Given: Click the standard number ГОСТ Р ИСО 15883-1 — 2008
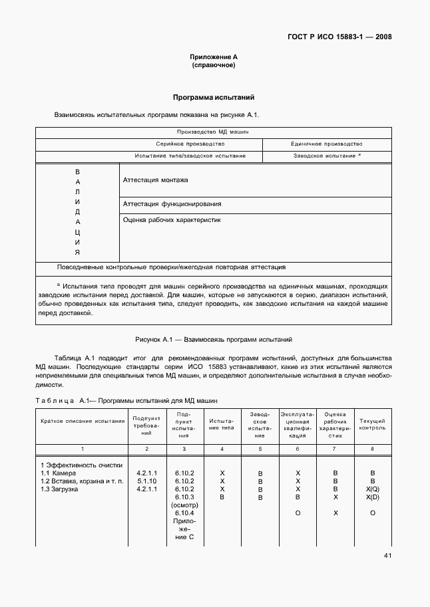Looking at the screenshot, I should [x=339, y=37].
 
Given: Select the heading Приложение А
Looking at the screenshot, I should [x=213, y=57].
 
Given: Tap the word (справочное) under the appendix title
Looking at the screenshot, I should [x=213, y=66].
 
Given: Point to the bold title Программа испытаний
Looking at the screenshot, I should [x=213, y=97].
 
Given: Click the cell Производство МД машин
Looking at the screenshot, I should [x=213, y=132].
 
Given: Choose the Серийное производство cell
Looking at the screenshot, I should [x=190, y=144].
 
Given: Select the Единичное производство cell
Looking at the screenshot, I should [x=326, y=144].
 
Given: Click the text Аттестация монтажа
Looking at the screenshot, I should [x=156, y=180].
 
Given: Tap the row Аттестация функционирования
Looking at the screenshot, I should [x=172, y=204].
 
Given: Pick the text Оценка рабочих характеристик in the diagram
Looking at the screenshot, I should [x=172, y=219].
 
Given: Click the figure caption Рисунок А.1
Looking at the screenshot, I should [x=213, y=339].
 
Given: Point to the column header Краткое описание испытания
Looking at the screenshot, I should [x=83, y=421].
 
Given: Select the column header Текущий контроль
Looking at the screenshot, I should [x=372, y=424].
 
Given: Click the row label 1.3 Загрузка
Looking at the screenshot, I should [x=59, y=489].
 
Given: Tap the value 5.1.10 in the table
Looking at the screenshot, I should [x=146, y=481].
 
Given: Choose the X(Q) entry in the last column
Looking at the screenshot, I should [x=372, y=489].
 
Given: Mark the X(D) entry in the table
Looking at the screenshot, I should [x=372, y=497].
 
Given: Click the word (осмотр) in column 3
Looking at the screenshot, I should [x=184, y=505].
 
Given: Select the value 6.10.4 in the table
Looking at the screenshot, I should [x=184, y=513].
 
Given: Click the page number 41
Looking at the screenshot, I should [x=387, y=556].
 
